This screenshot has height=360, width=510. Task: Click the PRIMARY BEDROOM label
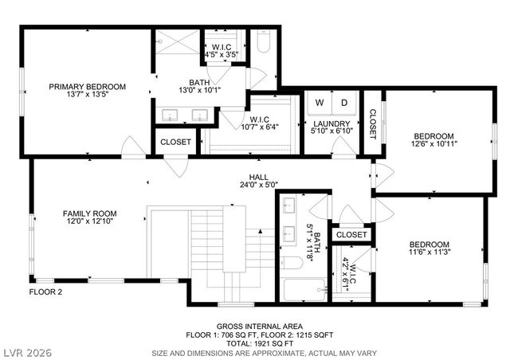(87, 87)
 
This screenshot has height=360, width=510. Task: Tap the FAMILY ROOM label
(90, 213)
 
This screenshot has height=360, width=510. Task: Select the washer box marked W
(320, 104)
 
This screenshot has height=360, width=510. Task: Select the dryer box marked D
(344, 104)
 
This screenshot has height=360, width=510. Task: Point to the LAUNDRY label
(331, 123)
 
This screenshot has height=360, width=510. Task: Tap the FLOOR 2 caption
(45, 292)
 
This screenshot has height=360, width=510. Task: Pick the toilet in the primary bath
(264, 41)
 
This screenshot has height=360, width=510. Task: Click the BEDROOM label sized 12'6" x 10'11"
(433, 136)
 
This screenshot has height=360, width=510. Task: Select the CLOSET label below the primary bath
(175, 142)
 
